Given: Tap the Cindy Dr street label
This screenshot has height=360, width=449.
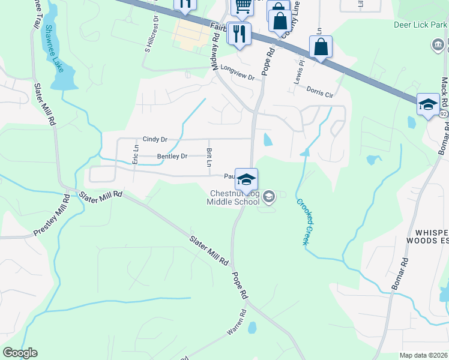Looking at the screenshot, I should (x=155, y=139).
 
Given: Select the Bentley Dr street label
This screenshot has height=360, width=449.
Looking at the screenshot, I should (x=172, y=157).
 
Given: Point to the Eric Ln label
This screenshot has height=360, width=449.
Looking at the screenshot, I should (x=136, y=154).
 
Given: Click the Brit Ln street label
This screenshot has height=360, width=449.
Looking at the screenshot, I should (x=209, y=158).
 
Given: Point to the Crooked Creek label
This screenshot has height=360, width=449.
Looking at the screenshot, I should (x=305, y=220).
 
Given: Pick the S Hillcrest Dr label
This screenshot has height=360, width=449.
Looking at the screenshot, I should (x=151, y=33).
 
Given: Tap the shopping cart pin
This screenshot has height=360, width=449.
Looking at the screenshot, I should (x=242, y=7).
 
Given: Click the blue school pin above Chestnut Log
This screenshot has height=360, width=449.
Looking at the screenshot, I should (x=246, y=179).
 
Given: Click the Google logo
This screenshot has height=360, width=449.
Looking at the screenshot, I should (x=20, y=353).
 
